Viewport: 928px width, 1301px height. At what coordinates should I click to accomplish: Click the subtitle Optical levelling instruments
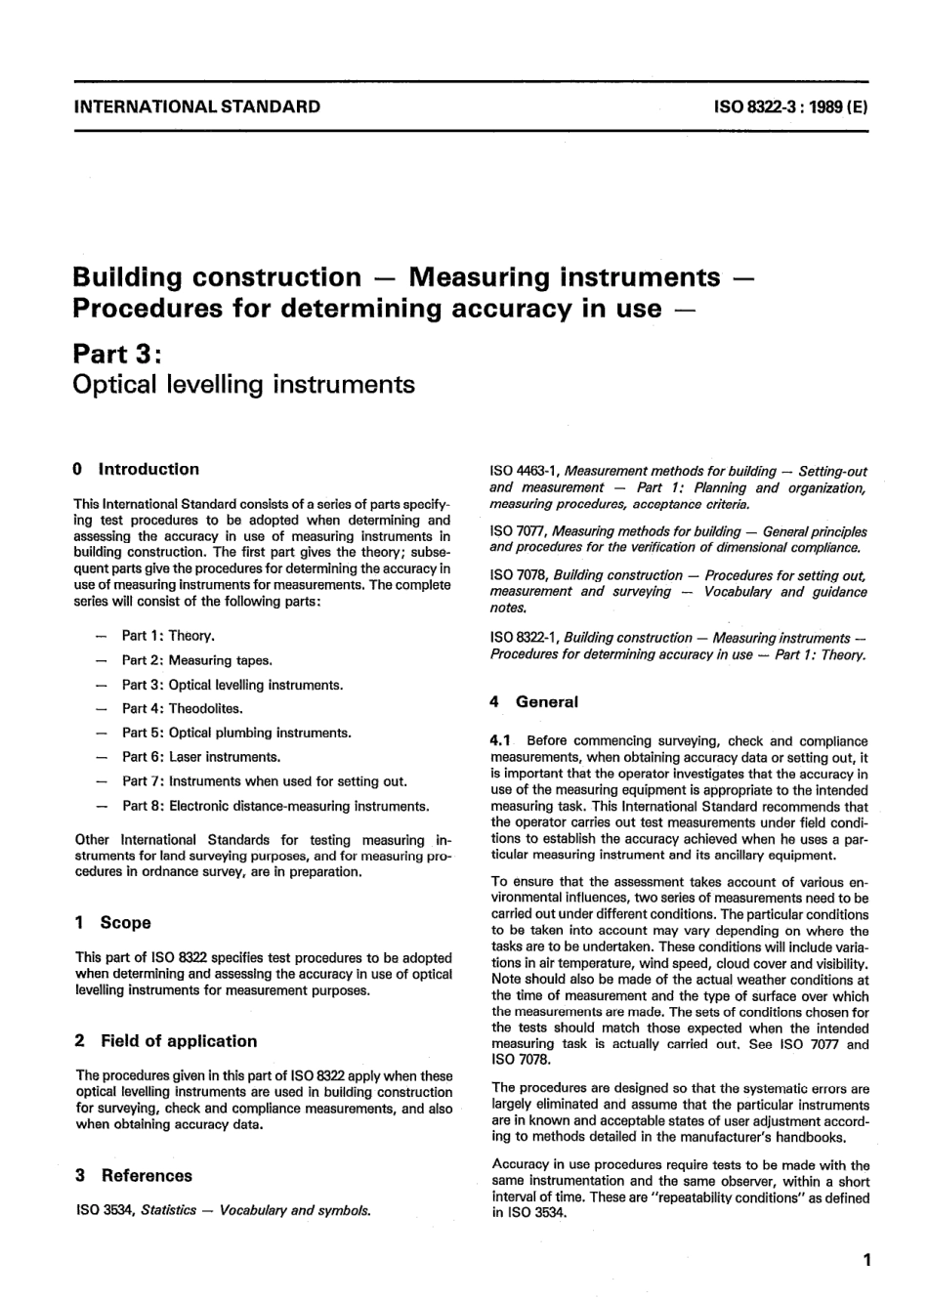click(x=244, y=384)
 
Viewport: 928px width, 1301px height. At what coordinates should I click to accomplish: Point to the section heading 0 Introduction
click(x=137, y=469)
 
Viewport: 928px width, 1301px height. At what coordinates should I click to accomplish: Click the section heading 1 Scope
click(x=113, y=923)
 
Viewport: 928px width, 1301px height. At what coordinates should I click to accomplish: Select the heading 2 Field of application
click(x=166, y=1041)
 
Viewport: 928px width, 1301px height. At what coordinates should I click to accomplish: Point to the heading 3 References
click(x=134, y=1176)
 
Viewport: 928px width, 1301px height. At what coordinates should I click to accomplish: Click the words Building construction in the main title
click(x=217, y=277)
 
